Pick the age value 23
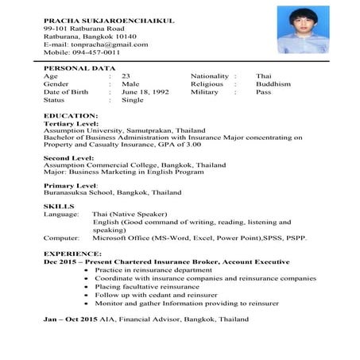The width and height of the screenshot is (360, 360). (x=126, y=75)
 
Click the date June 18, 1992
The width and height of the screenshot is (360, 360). (x=145, y=92)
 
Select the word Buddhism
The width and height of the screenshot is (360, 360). (x=273, y=83)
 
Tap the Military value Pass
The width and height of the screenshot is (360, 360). (x=263, y=92)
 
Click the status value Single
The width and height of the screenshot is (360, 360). (x=133, y=101)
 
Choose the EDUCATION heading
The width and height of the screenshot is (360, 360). (x=71, y=117)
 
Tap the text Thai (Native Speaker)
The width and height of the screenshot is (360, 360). (x=130, y=215)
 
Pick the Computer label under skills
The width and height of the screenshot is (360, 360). (x=61, y=238)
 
